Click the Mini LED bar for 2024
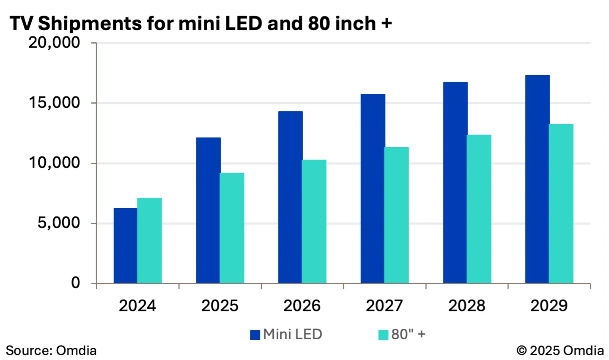tap(125, 246)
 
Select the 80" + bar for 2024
tap(149, 241)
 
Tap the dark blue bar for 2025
tap(208, 210)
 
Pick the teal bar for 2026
tap(314, 222)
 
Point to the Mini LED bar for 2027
tap(373, 189)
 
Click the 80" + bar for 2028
tap(479, 209)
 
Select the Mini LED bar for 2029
tap(537, 179)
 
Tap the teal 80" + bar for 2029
tap(561, 203)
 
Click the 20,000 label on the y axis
tap(54, 42)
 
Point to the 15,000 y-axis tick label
tap(54, 103)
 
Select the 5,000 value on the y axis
tap(59, 223)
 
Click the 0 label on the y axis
tap(75, 283)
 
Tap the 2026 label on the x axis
tap(302, 305)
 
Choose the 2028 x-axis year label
tap(466, 305)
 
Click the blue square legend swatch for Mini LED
tap(255, 335)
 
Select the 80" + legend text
tap(408, 335)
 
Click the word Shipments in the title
tap(90, 23)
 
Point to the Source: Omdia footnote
tap(51, 351)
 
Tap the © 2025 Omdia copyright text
tap(560, 351)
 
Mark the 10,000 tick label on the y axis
tap(54, 163)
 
